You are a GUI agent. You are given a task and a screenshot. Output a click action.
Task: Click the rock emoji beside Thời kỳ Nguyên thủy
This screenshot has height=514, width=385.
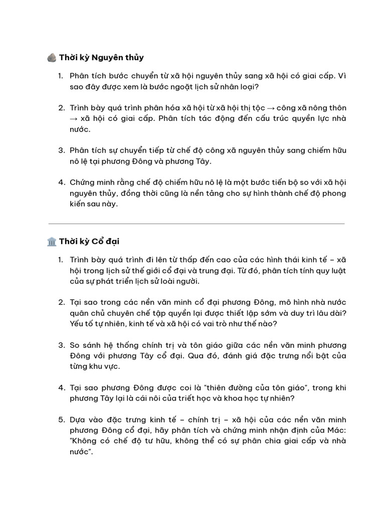click(x=52, y=58)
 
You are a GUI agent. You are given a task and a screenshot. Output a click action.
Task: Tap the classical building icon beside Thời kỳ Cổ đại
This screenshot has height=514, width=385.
click(x=52, y=241)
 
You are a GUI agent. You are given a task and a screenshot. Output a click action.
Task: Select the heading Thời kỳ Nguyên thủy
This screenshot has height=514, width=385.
click(x=101, y=58)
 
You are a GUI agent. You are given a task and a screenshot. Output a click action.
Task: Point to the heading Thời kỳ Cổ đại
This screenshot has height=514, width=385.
click(x=89, y=241)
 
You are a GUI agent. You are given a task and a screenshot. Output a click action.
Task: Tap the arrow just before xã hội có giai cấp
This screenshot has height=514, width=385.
click(x=74, y=119)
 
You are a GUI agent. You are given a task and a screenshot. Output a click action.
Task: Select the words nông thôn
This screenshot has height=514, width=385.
click(x=329, y=108)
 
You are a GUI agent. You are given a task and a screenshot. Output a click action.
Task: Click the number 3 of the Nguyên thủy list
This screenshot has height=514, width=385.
click(x=61, y=151)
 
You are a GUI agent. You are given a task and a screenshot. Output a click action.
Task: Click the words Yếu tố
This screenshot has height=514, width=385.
click(x=82, y=324)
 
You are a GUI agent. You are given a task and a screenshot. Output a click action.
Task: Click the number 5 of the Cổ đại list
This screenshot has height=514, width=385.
click(x=61, y=420)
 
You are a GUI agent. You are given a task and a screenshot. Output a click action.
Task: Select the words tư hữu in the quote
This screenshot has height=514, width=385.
click(x=166, y=441)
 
